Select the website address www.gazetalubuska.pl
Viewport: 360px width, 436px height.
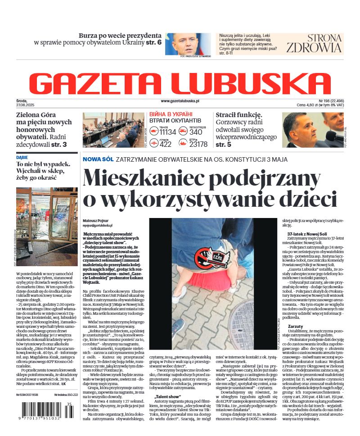pos(180,102)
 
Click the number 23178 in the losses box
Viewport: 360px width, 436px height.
pos(198,144)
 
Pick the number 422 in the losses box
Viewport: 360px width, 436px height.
pos(166,144)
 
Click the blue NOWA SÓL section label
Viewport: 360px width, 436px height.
pos(98,159)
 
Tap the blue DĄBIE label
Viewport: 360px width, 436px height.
pos(22,158)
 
